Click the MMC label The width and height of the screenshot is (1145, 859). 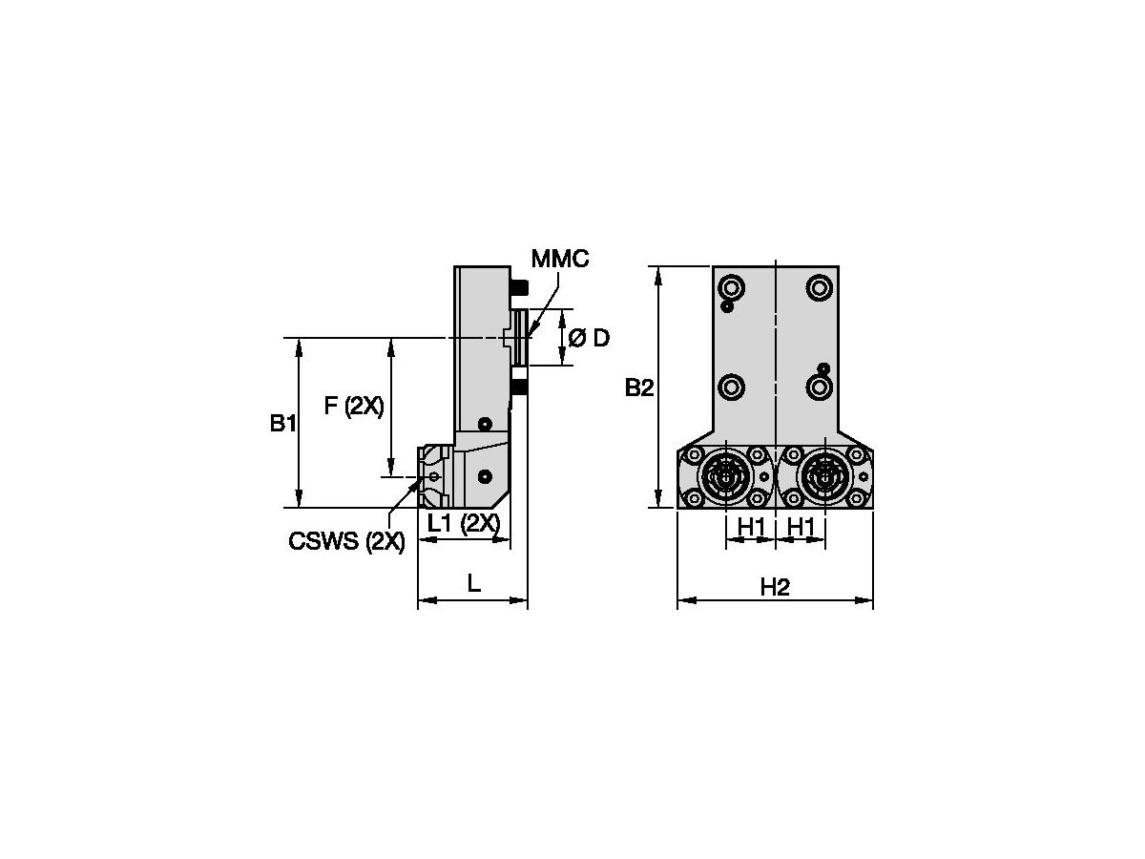coord(560,259)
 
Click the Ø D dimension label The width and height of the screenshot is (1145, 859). coord(589,338)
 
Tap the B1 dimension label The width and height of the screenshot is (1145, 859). coord(281,423)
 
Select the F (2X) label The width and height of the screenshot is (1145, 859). coord(353,407)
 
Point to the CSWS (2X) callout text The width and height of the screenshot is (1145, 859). coord(346,542)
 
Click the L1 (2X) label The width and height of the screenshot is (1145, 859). coord(463,523)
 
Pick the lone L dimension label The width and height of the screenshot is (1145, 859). coord(473,583)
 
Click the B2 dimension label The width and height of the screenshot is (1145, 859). coord(639,388)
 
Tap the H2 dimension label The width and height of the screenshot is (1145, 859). coord(775,587)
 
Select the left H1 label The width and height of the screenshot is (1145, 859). coord(751,525)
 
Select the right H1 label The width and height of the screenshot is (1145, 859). coord(800,525)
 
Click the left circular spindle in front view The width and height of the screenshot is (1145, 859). coord(726,476)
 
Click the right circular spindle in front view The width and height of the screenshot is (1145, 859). coord(824,476)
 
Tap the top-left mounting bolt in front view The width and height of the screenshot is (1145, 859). coord(732,285)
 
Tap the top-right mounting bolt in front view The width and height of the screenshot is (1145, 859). coord(818,285)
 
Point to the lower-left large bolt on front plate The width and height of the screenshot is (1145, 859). coord(732,387)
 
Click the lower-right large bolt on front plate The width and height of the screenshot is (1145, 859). coord(819,387)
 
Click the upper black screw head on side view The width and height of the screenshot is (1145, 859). coord(519,286)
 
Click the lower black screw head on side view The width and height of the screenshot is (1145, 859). coord(519,387)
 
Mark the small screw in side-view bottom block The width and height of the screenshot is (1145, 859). coord(487,475)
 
